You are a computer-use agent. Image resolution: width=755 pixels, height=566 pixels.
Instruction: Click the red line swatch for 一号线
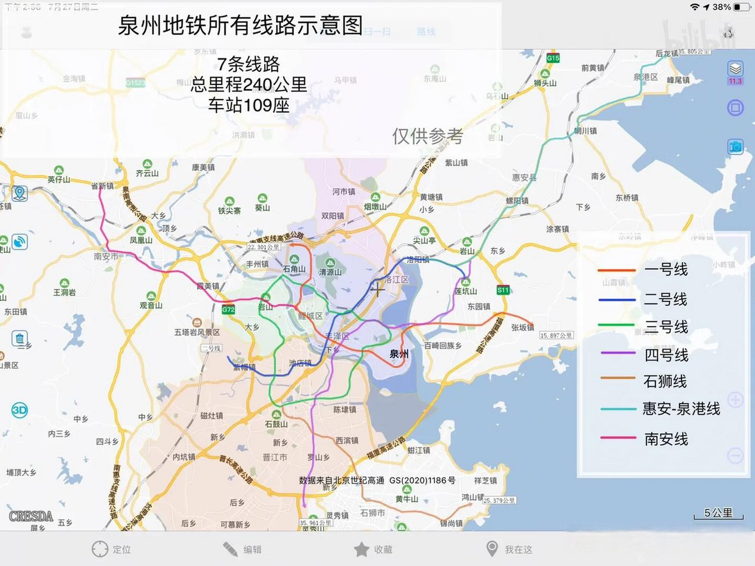coord(616,270)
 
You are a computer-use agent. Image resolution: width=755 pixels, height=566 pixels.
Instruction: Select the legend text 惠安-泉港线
coord(681,408)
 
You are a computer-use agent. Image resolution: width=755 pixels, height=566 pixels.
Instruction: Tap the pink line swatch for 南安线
coord(618,438)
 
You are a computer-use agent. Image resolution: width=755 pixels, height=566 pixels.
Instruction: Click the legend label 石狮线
coord(665,381)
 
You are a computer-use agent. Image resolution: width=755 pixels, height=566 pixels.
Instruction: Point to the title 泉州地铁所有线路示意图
coord(240,25)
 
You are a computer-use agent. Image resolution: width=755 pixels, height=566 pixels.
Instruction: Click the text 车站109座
coord(249,105)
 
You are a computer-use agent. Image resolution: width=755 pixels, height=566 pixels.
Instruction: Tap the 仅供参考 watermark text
coord(427,136)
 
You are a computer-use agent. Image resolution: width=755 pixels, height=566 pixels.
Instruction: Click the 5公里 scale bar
coord(718,514)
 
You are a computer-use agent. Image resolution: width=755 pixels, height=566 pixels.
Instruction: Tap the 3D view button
coord(19,410)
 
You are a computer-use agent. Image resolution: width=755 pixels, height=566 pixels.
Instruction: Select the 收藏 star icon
coord(361,549)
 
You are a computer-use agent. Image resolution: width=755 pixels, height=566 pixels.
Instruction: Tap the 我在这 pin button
coord(492,549)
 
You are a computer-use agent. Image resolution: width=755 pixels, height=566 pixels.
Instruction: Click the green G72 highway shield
coord(228,310)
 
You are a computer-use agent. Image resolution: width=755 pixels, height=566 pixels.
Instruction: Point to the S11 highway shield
coord(503,290)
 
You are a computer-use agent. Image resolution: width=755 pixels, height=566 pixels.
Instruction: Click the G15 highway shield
coord(553,58)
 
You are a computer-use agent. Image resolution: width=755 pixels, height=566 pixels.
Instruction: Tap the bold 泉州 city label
coord(399,354)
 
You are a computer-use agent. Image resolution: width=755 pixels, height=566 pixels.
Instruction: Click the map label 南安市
coord(106,256)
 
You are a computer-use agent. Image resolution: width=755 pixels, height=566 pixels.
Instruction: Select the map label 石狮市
coord(372,513)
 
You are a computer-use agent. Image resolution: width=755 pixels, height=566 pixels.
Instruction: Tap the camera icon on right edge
coord(735,146)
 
